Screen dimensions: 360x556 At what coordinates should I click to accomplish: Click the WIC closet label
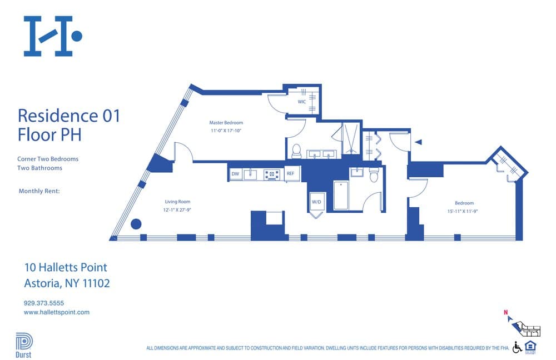coord(301,102)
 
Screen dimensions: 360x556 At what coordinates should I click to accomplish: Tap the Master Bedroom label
coord(226,123)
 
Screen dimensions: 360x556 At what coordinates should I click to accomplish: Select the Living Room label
coord(177,202)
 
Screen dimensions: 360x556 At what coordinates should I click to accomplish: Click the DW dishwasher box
coord(236,174)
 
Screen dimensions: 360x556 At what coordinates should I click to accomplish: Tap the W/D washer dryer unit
coord(317,202)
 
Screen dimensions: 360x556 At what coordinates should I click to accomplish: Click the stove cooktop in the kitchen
coord(271,174)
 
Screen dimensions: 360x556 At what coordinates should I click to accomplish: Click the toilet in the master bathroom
coord(296,151)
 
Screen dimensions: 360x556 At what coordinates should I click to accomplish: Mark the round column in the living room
coord(136,224)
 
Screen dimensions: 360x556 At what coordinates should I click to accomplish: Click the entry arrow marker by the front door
coord(419,142)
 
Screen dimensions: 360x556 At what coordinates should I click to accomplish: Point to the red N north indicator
coord(505,312)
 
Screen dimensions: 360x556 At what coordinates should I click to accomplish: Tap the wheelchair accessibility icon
coord(517,347)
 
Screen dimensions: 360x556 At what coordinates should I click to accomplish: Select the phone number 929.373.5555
coord(44,303)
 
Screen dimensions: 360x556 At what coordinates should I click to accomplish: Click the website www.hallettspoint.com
coord(56,312)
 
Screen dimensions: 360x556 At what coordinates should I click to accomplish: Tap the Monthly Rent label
coord(39,191)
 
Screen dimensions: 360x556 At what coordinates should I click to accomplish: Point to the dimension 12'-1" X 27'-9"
coord(178,211)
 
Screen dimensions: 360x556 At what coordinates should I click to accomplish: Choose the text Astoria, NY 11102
coord(67,283)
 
